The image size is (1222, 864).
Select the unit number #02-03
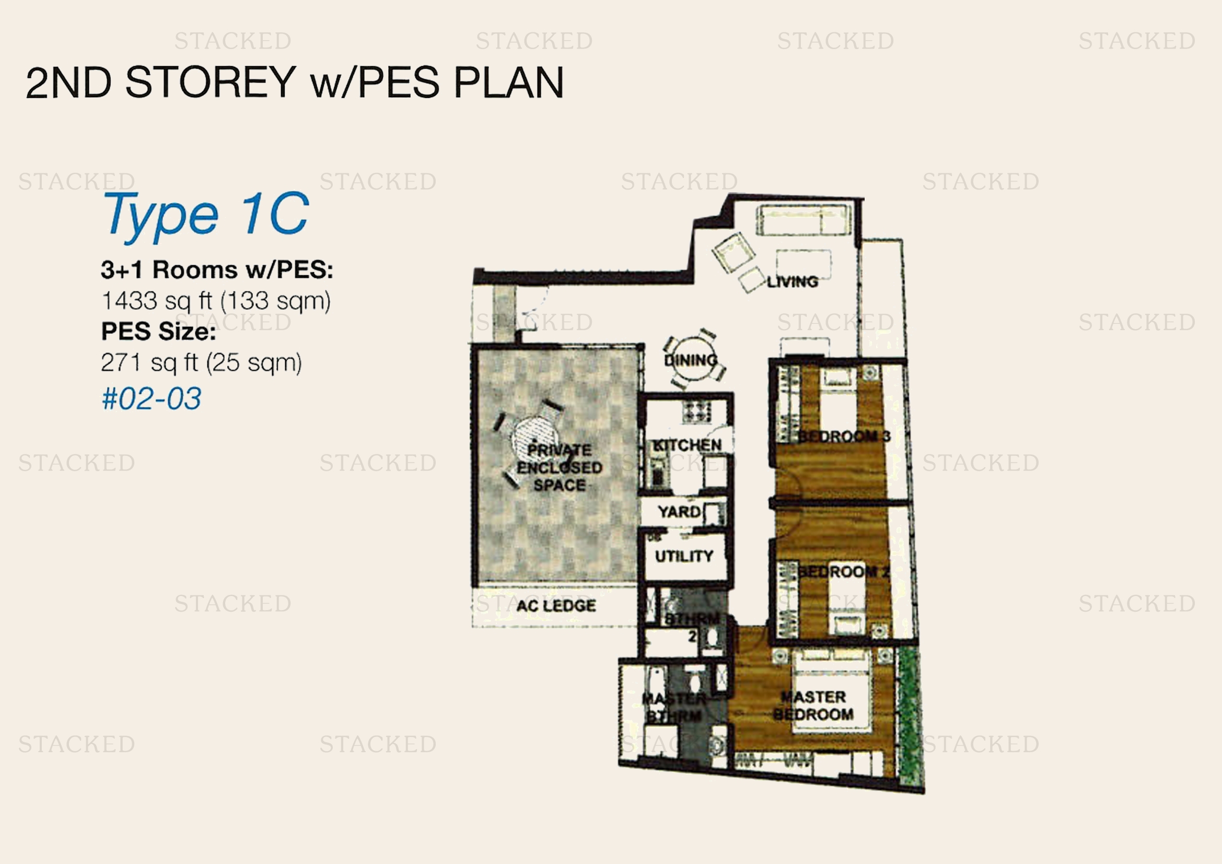[x=151, y=399]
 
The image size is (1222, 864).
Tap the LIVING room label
[x=792, y=282]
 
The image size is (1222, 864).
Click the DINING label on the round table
[x=690, y=360]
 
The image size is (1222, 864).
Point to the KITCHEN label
[x=687, y=445]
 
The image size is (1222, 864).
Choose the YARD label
[x=679, y=512]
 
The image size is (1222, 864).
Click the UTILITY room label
[x=684, y=556]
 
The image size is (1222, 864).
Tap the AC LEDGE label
[x=556, y=605]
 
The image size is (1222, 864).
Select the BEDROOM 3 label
[x=843, y=437]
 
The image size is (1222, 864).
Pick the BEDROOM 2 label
[x=843, y=573]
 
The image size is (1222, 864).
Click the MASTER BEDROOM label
[x=813, y=705]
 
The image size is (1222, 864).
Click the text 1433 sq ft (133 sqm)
[x=216, y=301]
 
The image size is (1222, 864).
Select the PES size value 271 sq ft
[x=201, y=363]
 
